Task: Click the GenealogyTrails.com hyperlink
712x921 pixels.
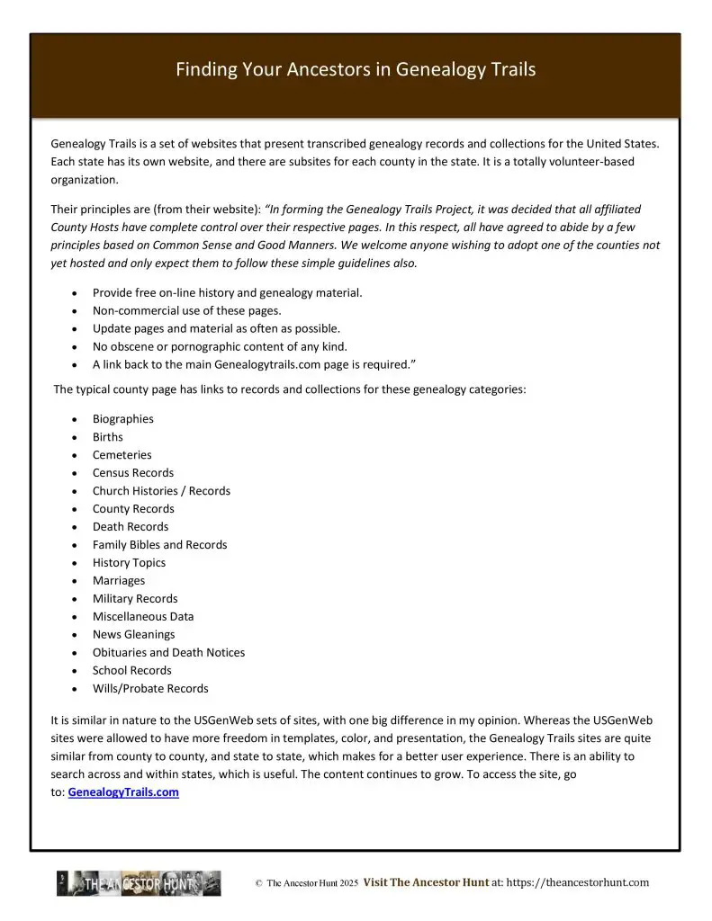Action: [x=123, y=792]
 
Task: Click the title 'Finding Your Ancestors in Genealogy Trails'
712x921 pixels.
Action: [x=356, y=69]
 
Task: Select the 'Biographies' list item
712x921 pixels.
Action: [x=122, y=419]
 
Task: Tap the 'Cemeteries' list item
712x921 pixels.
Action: [x=122, y=455]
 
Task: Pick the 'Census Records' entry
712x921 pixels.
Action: [x=133, y=473]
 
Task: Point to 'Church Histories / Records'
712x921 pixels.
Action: [x=161, y=491]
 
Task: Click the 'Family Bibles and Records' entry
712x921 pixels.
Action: [x=159, y=545]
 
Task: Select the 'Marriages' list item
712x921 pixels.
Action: [x=118, y=581]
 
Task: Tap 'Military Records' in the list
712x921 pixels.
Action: [x=135, y=599]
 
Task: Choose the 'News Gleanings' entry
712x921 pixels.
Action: [x=133, y=635]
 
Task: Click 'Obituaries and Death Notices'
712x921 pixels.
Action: [x=168, y=653]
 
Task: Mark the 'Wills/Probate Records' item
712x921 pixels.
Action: [x=150, y=689]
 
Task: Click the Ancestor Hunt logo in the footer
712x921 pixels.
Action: [x=139, y=883]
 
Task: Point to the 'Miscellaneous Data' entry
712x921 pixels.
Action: [x=143, y=617]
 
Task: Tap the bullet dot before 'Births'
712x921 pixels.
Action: [x=73, y=438]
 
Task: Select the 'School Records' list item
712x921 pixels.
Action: [x=131, y=671]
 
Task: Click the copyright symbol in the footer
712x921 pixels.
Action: [x=258, y=884]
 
